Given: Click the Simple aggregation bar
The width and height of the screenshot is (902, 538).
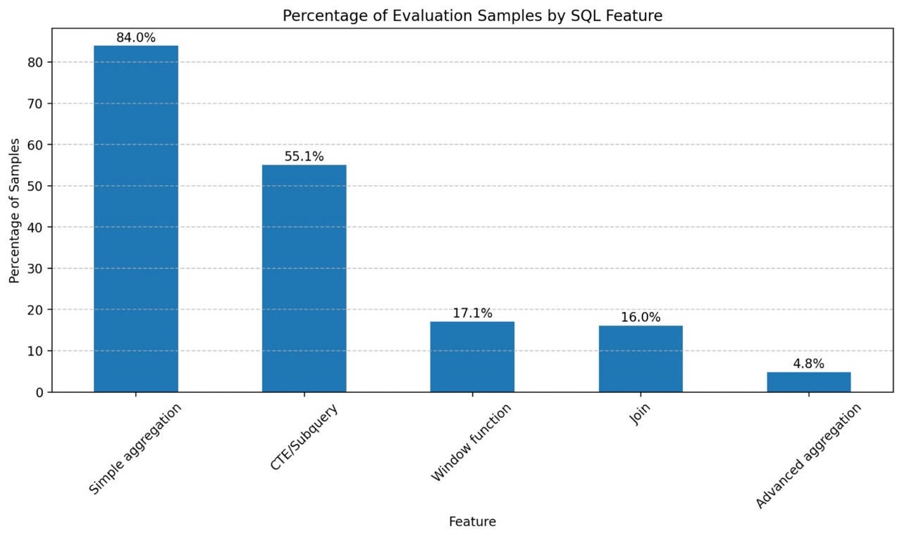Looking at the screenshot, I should (136, 218).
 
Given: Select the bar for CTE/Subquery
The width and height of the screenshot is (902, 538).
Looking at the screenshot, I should (304, 278).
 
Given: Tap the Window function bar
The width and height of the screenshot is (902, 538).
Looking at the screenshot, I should (472, 356).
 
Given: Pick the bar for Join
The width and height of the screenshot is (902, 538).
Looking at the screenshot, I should (641, 358).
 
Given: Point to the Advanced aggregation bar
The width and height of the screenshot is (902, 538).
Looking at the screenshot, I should (808, 382).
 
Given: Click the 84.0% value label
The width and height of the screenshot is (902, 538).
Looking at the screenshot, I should (136, 38).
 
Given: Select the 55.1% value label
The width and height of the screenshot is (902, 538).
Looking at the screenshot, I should (304, 157).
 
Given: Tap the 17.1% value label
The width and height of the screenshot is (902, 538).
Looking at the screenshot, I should (472, 313).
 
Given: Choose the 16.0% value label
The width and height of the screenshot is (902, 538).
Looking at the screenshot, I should (641, 318).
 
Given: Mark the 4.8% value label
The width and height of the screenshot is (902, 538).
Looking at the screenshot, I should (808, 364).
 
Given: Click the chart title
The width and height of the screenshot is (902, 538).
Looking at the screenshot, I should (472, 15).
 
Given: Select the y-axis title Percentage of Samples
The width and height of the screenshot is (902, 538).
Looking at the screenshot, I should (15, 210).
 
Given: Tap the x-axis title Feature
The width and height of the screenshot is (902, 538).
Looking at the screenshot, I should (472, 522).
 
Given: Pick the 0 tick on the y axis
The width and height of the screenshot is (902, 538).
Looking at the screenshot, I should (40, 392).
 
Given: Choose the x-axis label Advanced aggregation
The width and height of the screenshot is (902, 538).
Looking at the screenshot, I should (808, 456).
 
